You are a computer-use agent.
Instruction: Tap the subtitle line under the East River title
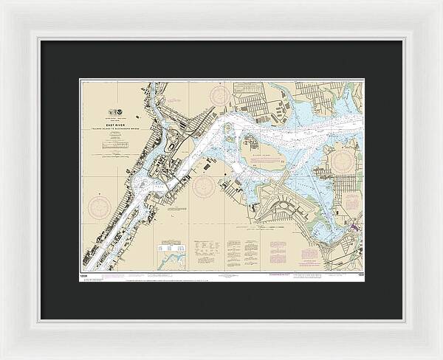[x=114, y=131]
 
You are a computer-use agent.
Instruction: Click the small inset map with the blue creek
[x=171, y=257]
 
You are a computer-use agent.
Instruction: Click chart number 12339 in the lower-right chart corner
[x=360, y=275]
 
